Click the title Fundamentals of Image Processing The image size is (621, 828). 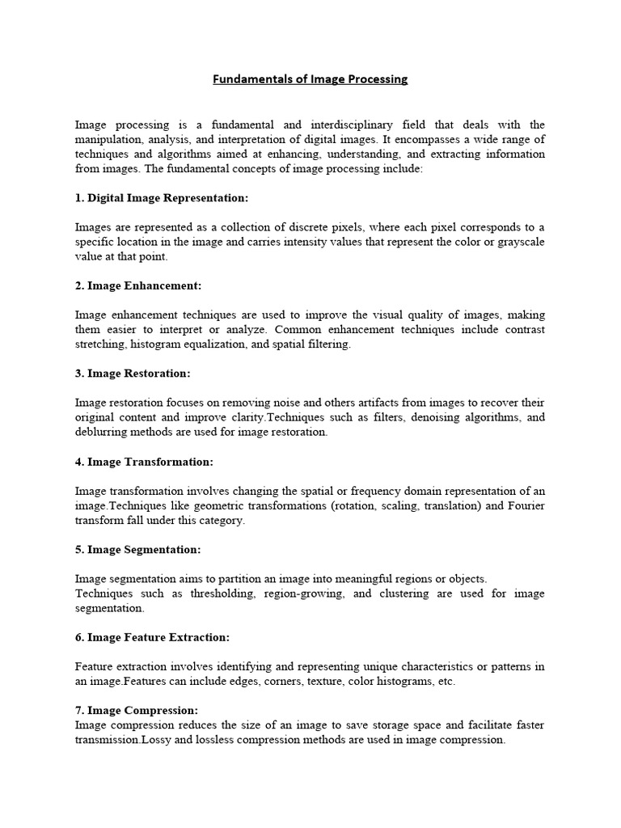(x=310, y=79)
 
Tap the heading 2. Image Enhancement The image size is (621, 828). (x=138, y=285)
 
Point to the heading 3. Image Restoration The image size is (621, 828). (x=133, y=374)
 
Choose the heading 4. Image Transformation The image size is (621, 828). (x=144, y=462)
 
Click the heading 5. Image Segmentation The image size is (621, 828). (x=137, y=550)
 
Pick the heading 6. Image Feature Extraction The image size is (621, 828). (x=152, y=638)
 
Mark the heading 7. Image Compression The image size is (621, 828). (x=136, y=710)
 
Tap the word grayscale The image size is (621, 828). (x=520, y=242)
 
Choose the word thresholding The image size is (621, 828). (x=227, y=594)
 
